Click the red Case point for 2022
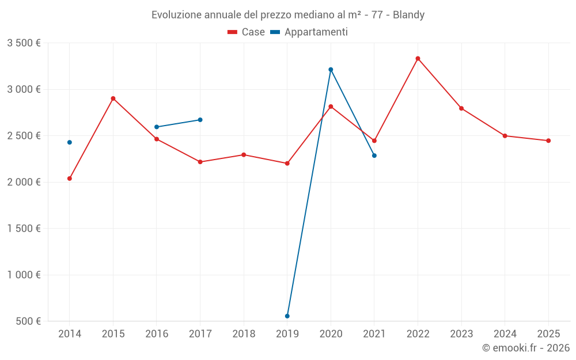[x=418, y=59]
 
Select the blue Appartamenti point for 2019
[x=287, y=316]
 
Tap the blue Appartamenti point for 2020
[x=331, y=70]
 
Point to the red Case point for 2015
[x=113, y=98]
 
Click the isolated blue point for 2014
[x=70, y=142]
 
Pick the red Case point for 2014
[x=70, y=179]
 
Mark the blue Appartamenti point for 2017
[x=200, y=120]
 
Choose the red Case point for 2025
[x=548, y=141]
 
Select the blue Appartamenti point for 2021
[x=374, y=156]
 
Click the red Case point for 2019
[x=287, y=164]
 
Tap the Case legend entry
[x=247, y=32]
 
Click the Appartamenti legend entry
[x=309, y=32]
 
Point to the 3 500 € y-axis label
[x=24, y=43]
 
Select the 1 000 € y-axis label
[x=24, y=275]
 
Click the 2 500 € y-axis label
[x=24, y=136]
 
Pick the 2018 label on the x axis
[x=244, y=334]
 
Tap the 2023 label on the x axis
[x=461, y=334]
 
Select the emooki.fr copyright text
[x=526, y=348]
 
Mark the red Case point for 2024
[x=505, y=136]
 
